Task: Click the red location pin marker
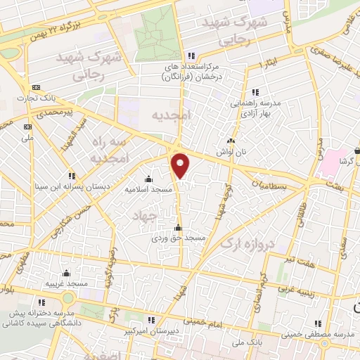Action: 181,165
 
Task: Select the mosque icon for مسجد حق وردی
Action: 177,227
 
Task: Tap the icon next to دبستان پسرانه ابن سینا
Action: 70,176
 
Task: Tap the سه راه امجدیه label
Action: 108,150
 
